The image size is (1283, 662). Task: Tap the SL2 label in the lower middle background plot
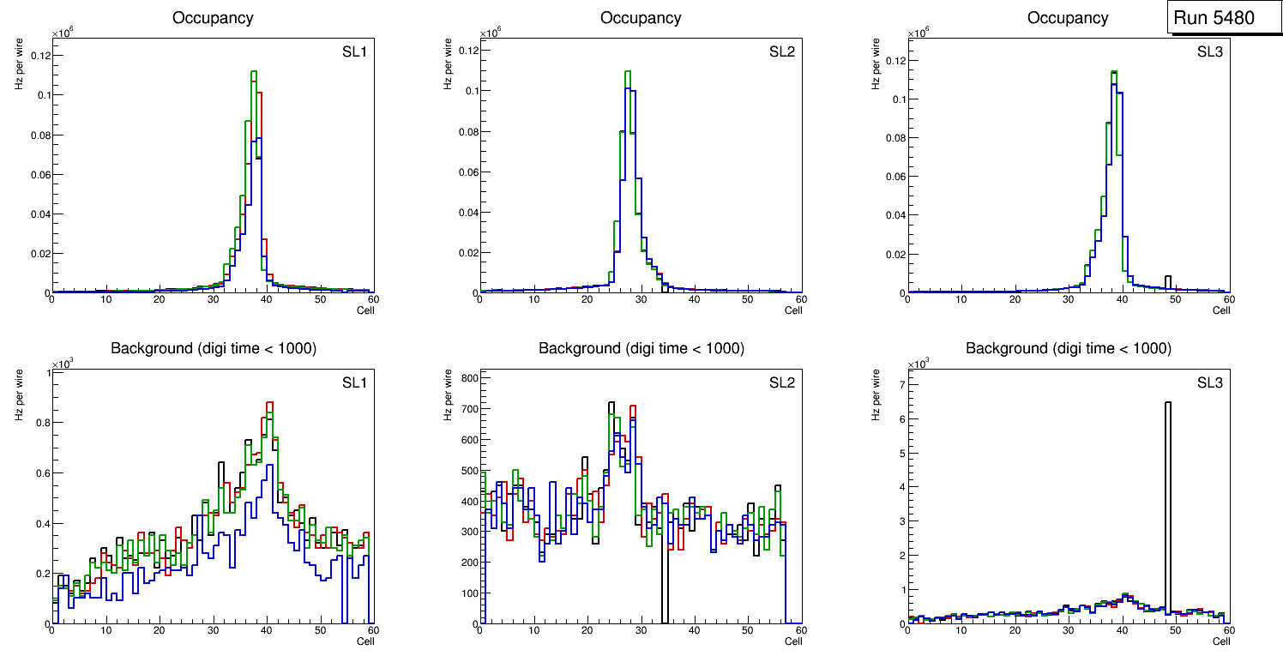[781, 382]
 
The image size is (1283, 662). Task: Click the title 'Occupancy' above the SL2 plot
[641, 18]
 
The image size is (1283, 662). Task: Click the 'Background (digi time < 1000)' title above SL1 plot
[214, 348]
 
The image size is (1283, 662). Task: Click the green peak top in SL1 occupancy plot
[254, 72]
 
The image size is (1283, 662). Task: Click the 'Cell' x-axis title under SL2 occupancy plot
[793, 310]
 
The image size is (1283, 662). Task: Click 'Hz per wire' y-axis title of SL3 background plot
[876, 395]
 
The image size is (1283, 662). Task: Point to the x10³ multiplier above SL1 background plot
[63, 364]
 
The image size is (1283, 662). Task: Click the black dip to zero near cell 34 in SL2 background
[664, 600]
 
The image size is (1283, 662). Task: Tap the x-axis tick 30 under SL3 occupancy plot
[1069, 299]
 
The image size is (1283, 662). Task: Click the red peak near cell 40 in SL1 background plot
[269, 402]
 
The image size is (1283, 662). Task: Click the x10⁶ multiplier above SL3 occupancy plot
[919, 33]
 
